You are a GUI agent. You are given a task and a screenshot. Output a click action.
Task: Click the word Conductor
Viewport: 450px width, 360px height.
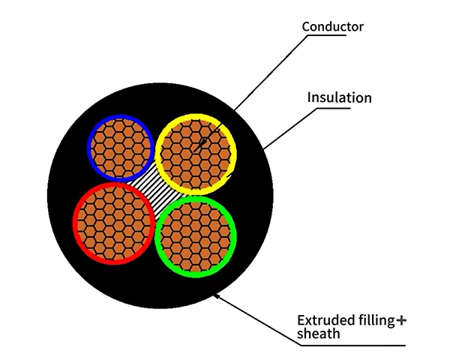coord(332,27)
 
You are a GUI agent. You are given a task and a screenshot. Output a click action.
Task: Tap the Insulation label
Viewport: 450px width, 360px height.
coord(339,97)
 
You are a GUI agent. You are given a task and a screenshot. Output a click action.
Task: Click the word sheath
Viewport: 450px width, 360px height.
coord(318,334)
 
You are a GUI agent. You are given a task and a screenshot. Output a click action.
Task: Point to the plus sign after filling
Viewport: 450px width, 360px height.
coord(401,321)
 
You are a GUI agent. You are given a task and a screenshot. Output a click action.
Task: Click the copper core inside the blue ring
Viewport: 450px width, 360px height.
coord(120,146)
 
